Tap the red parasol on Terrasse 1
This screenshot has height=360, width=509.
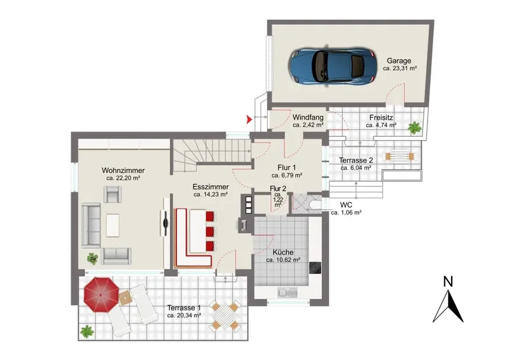[101, 294]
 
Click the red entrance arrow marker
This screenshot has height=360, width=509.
[249, 120]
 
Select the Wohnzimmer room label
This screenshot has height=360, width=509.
[123, 170]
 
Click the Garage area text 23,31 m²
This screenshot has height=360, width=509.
[400, 69]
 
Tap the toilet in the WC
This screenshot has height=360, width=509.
[315, 204]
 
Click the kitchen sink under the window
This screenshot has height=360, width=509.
[288, 293]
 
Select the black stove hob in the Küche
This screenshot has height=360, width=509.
[314, 268]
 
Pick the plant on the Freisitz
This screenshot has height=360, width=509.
[415, 128]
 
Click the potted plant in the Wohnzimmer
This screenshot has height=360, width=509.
[92, 258]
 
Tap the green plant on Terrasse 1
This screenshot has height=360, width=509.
[87, 331]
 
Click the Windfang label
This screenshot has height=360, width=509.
[308, 117]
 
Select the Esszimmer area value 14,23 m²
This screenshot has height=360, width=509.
[211, 195]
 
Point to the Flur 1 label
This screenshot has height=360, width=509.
[287, 168]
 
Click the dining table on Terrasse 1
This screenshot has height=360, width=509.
[225, 315]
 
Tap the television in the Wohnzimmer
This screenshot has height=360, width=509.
[165, 223]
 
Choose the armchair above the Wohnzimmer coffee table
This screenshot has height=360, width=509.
[113, 194]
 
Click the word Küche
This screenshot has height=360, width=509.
[283, 253]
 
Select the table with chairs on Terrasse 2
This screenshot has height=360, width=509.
[400, 156]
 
